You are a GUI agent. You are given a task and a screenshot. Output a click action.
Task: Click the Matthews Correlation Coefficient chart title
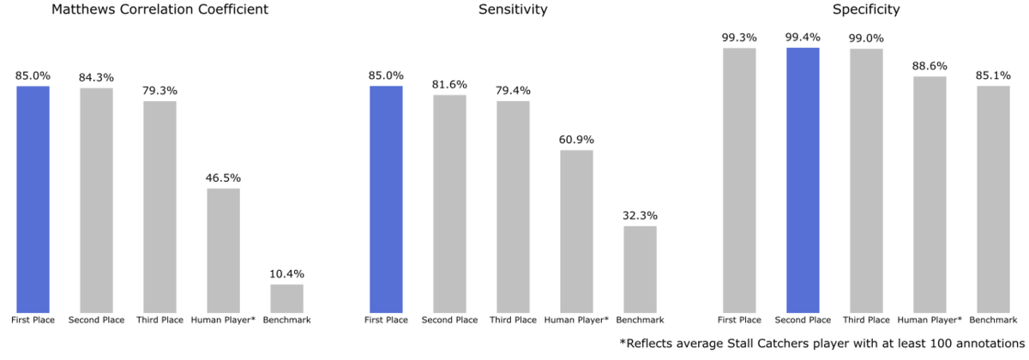[160, 10]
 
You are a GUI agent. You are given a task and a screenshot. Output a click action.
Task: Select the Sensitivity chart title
[513, 10]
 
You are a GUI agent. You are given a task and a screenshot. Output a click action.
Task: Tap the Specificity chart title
[866, 10]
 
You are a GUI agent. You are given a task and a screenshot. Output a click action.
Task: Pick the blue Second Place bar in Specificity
[803, 180]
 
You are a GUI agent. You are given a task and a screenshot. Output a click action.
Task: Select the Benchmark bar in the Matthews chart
[287, 298]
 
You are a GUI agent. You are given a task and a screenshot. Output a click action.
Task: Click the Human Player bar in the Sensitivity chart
[576, 231]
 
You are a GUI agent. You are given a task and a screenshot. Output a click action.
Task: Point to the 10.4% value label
[287, 274]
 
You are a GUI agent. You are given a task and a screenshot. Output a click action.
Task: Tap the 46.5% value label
[223, 178]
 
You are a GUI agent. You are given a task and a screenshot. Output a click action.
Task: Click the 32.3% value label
[640, 216]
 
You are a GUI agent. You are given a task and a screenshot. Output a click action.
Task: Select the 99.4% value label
[803, 38]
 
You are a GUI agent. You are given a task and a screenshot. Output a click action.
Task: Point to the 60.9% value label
[576, 140]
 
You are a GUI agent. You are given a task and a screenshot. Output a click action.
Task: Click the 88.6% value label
[930, 66]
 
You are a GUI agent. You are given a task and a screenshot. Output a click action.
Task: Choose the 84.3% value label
[96, 78]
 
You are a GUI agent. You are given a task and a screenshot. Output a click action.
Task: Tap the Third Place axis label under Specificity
[866, 321]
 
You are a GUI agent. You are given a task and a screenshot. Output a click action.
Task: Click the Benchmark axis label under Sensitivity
[640, 321]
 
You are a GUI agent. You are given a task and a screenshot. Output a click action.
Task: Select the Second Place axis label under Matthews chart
[96, 321]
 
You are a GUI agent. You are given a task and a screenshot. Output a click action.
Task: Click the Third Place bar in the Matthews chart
[159, 207]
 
